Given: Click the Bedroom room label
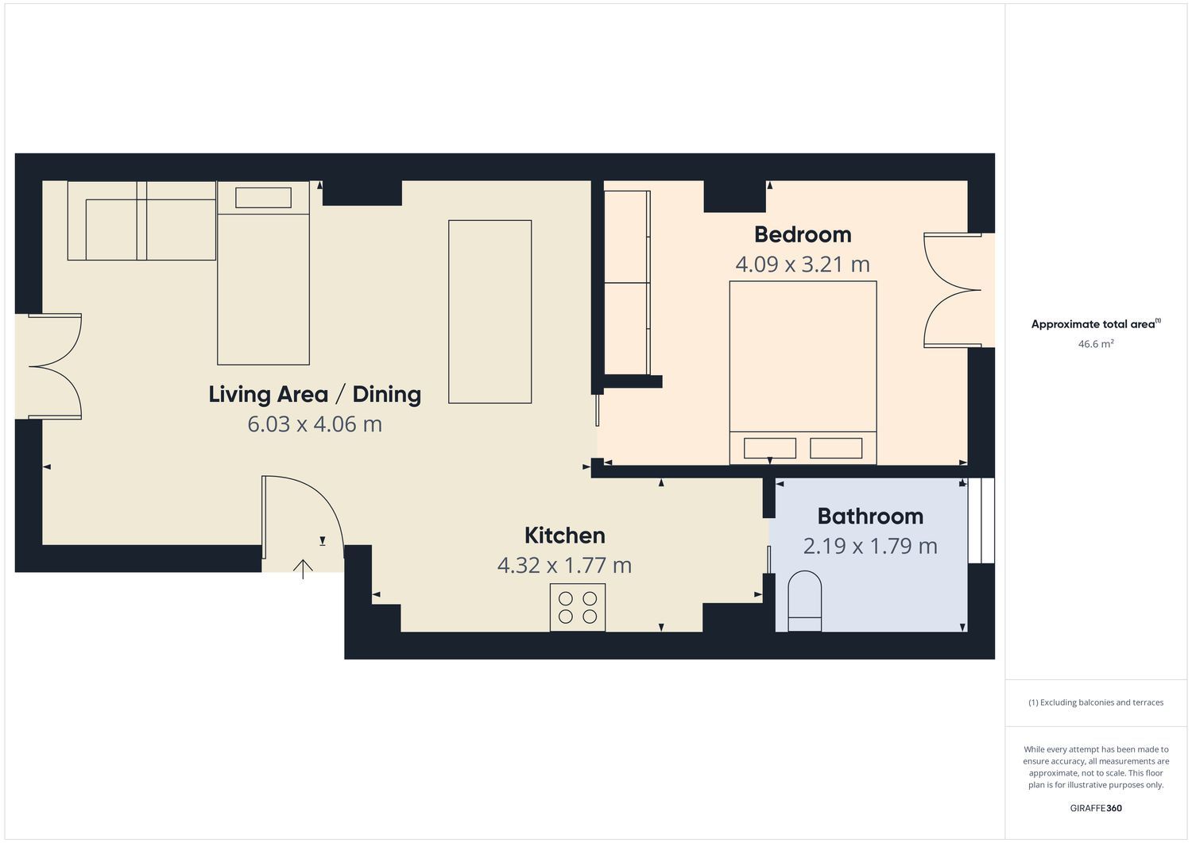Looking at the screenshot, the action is (803, 234).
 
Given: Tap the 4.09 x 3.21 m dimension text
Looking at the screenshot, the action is (803, 265).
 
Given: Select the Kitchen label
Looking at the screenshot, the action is (564, 536).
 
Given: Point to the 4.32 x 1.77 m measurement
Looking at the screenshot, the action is (564, 565).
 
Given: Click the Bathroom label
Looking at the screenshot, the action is (870, 516).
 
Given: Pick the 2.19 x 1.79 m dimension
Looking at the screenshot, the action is (870, 546).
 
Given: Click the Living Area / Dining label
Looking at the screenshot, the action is (315, 394).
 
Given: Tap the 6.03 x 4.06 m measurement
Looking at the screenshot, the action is (315, 424).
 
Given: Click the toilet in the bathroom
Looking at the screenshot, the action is (804, 601).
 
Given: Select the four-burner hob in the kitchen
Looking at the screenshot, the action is (578, 608).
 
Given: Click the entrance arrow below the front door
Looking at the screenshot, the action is (303, 569).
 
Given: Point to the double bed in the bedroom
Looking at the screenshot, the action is (803, 373).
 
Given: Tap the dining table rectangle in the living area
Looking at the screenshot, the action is (490, 312).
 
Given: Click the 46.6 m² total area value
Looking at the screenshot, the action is (1096, 344).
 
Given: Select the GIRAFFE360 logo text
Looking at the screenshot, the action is (1096, 808).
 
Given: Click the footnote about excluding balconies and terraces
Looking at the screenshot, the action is (1096, 702).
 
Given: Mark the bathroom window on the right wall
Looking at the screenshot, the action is (981, 520).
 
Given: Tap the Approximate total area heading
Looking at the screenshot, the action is (1096, 323).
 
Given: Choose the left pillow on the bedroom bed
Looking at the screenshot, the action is (769, 448).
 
